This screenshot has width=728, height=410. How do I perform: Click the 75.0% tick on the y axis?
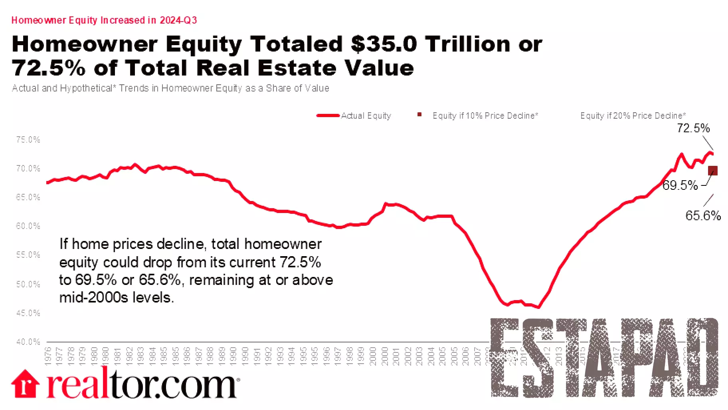(28, 140)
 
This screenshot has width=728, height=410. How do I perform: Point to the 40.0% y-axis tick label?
(28, 342)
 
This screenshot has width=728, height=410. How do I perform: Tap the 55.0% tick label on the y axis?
(28, 255)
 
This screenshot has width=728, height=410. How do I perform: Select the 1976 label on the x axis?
(48, 356)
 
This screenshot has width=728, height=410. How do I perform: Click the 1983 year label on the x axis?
(140, 356)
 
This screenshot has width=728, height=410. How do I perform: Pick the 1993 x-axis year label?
(280, 356)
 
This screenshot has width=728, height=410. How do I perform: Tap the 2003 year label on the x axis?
(419, 356)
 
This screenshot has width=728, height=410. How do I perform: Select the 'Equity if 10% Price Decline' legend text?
(485, 116)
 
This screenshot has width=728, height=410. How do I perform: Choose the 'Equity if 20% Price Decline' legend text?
(633, 116)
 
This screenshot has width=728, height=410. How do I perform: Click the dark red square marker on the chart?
(712, 171)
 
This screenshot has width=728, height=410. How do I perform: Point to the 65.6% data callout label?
(703, 216)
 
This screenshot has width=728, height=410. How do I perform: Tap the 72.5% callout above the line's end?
(693, 128)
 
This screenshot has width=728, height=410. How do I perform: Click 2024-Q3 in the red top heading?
(178, 20)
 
